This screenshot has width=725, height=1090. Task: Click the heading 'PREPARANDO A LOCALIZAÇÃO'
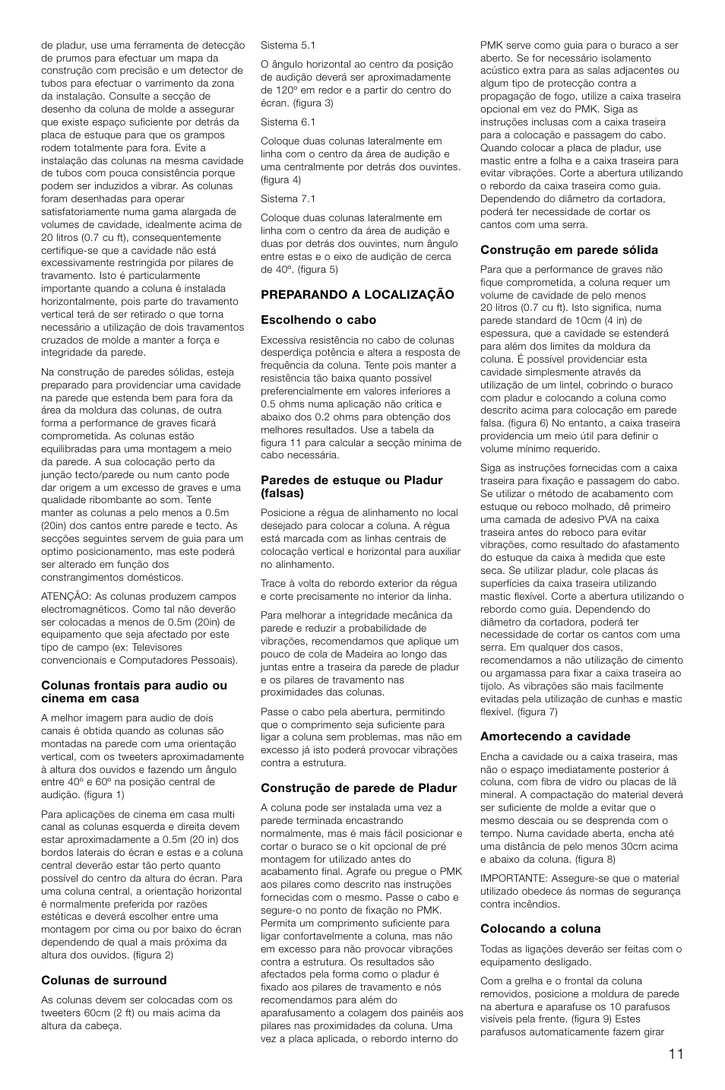[x=357, y=294]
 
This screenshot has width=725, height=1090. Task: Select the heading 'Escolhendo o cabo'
[x=318, y=320]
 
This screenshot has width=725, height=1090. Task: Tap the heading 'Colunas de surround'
[x=103, y=981]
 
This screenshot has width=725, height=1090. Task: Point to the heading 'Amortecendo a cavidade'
[x=556, y=736]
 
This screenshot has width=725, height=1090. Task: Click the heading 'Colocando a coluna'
[x=540, y=929]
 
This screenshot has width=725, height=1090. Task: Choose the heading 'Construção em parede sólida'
[x=569, y=249]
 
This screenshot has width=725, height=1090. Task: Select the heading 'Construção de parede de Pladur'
[x=359, y=787]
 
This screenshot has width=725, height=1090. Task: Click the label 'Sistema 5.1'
[x=288, y=45]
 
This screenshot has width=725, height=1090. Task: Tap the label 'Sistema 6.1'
[x=288, y=122]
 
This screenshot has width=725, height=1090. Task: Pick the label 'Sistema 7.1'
[x=288, y=198]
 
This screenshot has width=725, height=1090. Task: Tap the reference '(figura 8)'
[x=576, y=859]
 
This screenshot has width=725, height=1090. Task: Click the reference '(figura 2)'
[x=153, y=955]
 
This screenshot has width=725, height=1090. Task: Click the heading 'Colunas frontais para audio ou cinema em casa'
[x=134, y=692]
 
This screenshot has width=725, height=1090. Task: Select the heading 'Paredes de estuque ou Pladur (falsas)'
[x=351, y=486]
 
